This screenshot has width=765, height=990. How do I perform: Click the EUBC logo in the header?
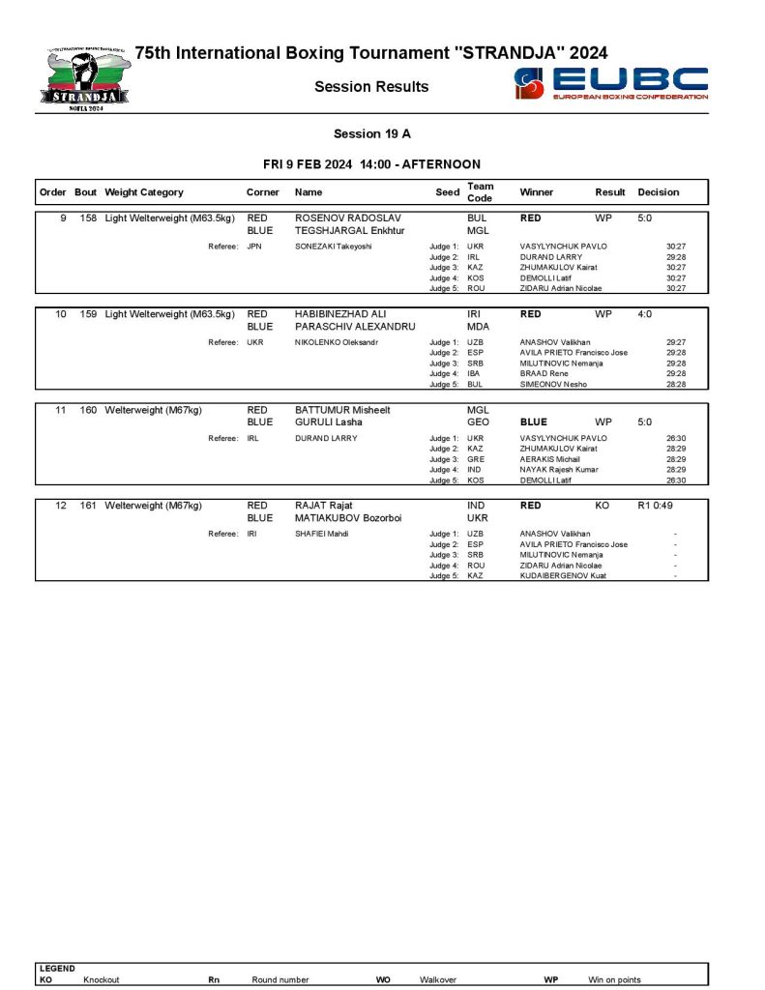point(611,83)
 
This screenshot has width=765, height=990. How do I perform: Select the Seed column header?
point(447,192)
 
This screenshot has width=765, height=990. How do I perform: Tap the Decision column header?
point(658,192)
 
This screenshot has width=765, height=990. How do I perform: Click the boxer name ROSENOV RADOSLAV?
point(347,218)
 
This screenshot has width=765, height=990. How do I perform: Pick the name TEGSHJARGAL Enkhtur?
point(348,231)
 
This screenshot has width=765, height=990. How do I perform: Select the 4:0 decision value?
point(645,314)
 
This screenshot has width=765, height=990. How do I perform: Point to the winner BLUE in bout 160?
point(534,422)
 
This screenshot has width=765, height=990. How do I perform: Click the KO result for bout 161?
point(603,506)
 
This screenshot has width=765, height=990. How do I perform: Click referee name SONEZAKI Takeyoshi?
point(333,247)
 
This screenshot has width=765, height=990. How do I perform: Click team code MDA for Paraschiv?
point(478,327)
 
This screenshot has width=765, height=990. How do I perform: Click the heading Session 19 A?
point(371,134)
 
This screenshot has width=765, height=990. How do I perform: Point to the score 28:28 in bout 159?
point(676,384)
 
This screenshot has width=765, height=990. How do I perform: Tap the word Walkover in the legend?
point(437,979)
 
